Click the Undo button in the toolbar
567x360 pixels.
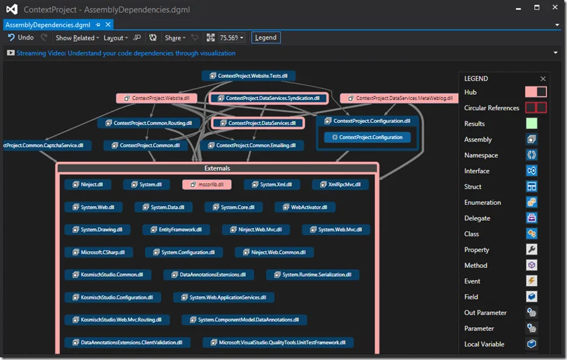click(x=21, y=38)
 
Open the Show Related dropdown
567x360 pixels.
click(x=77, y=38)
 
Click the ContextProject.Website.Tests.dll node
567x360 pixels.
click(x=249, y=76)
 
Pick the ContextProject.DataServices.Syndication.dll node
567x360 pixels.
click(x=269, y=98)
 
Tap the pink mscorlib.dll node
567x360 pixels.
click(x=207, y=184)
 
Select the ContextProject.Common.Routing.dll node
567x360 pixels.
click(x=148, y=123)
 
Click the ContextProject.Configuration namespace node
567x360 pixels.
click(x=367, y=137)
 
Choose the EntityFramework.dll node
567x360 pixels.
click(x=176, y=230)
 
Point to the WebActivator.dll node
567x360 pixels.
click(x=304, y=208)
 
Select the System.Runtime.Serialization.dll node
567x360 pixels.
click(x=312, y=275)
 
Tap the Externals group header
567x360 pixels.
click(x=217, y=168)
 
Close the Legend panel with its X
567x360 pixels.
click(x=543, y=79)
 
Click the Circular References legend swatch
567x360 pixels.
click(x=535, y=107)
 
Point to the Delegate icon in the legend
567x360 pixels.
click(x=531, y=218)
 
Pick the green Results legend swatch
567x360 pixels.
click(x=531, y=124)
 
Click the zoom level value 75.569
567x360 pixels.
click(x=228, y=38)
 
